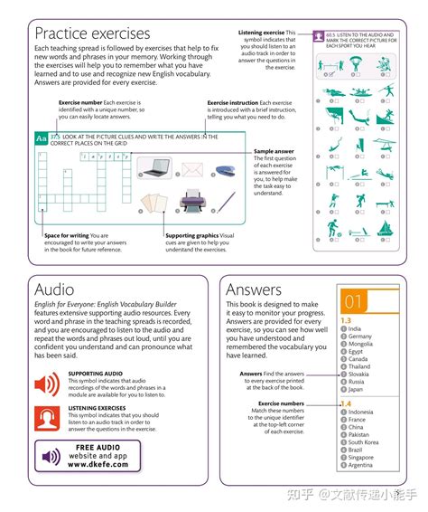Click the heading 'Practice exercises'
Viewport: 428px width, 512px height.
point(92,33)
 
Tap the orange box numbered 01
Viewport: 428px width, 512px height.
point(353,301)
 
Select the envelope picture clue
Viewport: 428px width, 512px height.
point(192,168)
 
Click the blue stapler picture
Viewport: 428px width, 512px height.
point(226,169)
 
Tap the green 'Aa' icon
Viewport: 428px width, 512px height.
point(41,139)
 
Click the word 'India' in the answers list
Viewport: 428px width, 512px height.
point(355,328)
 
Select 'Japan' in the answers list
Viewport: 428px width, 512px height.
point(355,389)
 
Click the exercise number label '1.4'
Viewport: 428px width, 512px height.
point(345,403)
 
